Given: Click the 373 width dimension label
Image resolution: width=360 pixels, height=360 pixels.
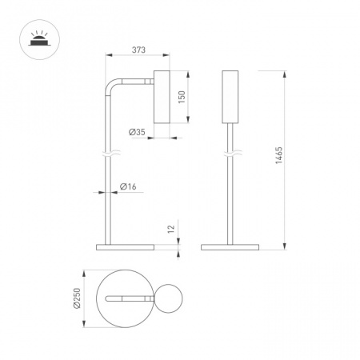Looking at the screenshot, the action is point(138,50).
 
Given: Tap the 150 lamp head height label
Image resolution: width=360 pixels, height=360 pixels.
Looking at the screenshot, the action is point(182,97).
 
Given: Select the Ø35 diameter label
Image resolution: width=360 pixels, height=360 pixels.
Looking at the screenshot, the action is point(137,132).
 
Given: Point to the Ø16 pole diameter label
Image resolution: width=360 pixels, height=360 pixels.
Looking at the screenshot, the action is point(128,186).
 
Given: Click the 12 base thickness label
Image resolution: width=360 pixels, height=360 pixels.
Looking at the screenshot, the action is point(171,229).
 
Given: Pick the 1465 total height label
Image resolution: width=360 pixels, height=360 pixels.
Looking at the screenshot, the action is point(278,155).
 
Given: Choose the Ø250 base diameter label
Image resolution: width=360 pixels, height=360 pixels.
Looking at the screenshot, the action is point(77,298).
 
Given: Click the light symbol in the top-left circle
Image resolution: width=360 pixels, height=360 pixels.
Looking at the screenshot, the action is point(39,39).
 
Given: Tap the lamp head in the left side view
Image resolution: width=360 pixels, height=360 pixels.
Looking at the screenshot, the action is point(162,97).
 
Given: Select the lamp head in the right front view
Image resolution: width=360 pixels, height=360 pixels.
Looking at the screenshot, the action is point(230,97).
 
